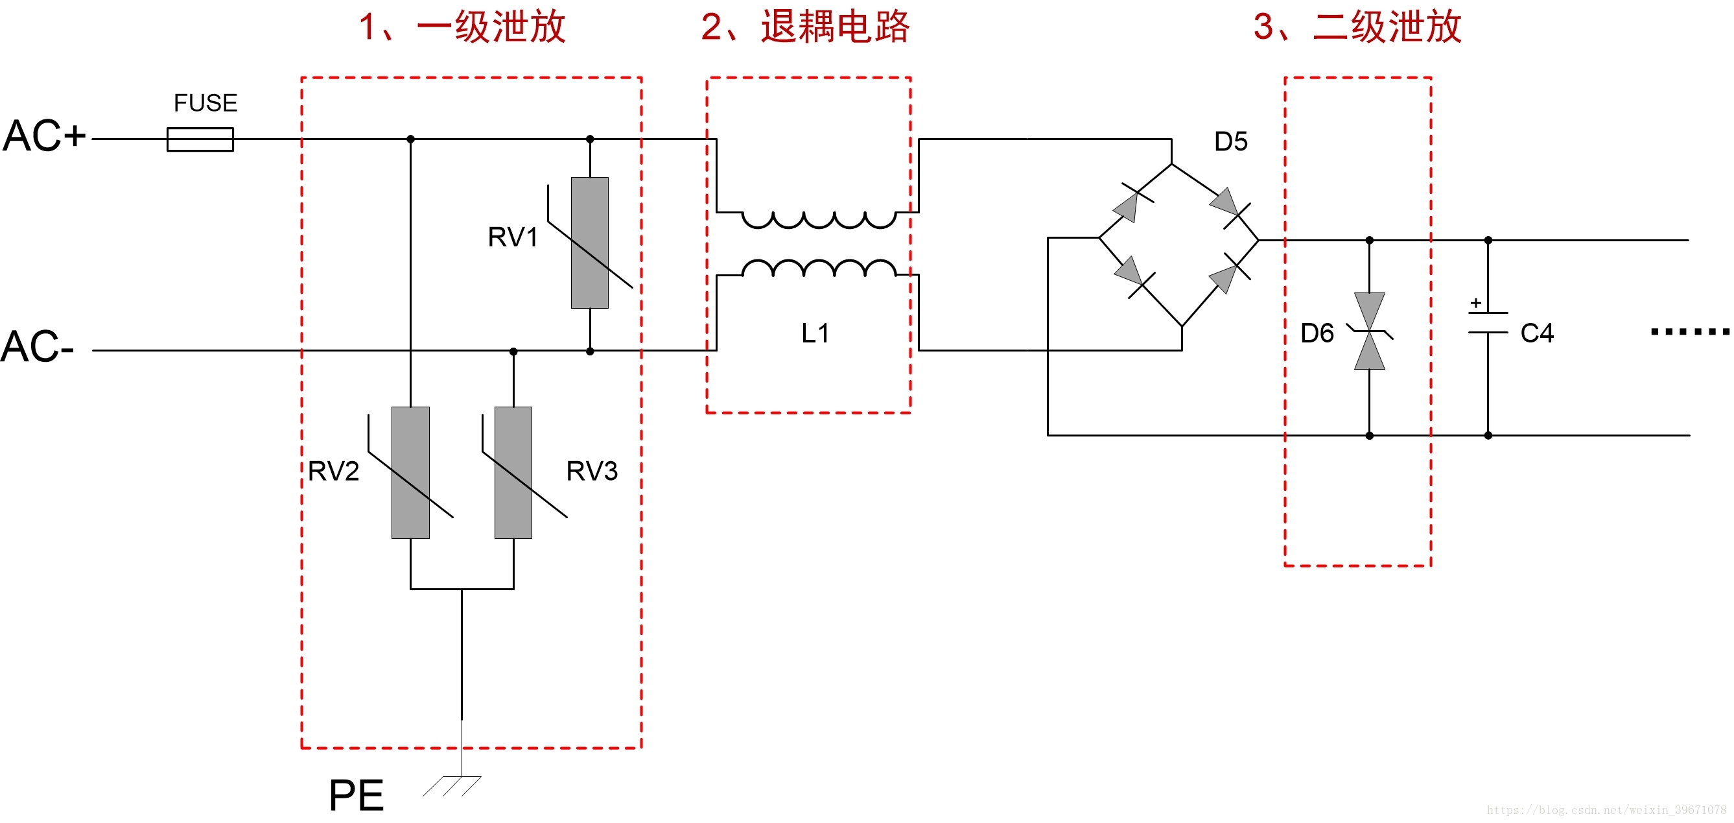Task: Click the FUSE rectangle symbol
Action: (200, 139)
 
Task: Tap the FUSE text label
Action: (205, 103)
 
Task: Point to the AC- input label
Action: (38, 348)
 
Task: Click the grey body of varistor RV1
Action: (590, 243)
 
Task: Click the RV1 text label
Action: (513, 237)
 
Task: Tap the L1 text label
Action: (815, 333)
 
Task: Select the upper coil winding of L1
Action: (819, 220)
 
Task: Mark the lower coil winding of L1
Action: (819, 268)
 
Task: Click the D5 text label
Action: (1230, 141)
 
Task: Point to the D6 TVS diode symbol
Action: (1369, 331)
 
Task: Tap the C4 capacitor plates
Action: (1488, 323)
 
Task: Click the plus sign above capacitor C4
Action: (1475, 303)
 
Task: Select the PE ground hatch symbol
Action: (452, 786)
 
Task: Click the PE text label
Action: (356, 796)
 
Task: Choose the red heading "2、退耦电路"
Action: (805, 27)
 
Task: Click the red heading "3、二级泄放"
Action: (1357, 27)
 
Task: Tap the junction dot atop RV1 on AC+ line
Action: (591, 139)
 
